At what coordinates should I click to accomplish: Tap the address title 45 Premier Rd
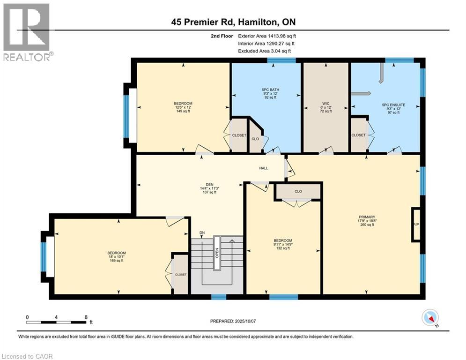[233, 22]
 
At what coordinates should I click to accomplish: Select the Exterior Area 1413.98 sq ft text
[267, 36]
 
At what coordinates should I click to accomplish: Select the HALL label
[264, 168]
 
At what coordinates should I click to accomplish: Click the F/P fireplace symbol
[415, 225]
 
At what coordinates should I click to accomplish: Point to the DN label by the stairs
[202, 232]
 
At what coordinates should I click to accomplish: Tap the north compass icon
[429, 318]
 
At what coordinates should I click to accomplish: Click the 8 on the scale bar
[85, 317]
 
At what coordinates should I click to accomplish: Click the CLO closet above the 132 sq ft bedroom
[298, 191]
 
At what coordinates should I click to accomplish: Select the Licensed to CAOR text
[27, 356]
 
